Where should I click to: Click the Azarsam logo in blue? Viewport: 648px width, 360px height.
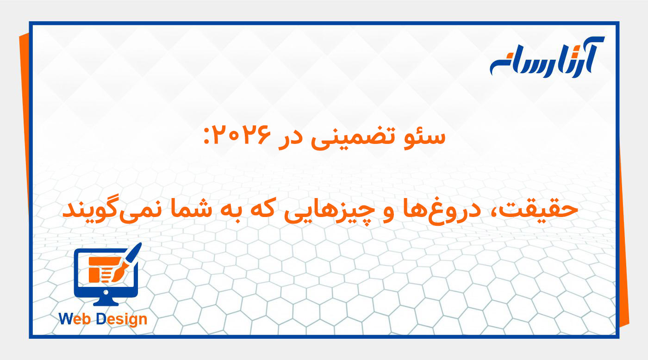pos(547,57)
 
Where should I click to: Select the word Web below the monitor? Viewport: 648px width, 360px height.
pos(76,319)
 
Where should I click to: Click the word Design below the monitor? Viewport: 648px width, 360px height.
pos(122,319)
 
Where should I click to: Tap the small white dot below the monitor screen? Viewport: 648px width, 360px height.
pos(106,292)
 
